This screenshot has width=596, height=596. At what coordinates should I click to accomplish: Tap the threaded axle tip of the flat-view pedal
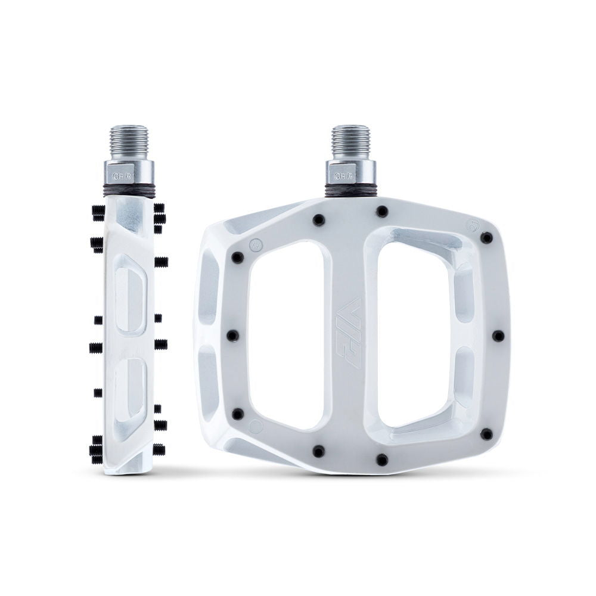(x=350, y=140)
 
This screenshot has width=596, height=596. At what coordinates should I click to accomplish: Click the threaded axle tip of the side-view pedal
(x=129, y=141)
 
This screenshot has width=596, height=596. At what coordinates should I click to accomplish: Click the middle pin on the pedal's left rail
(x=233, y=336)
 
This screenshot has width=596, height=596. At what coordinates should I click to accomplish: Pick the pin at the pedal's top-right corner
(x=486, y=238)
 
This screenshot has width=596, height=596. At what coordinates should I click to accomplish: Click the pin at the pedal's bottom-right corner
(x=486, y=434)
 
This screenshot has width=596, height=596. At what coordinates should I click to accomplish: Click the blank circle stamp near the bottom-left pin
(x=256, y=426)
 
